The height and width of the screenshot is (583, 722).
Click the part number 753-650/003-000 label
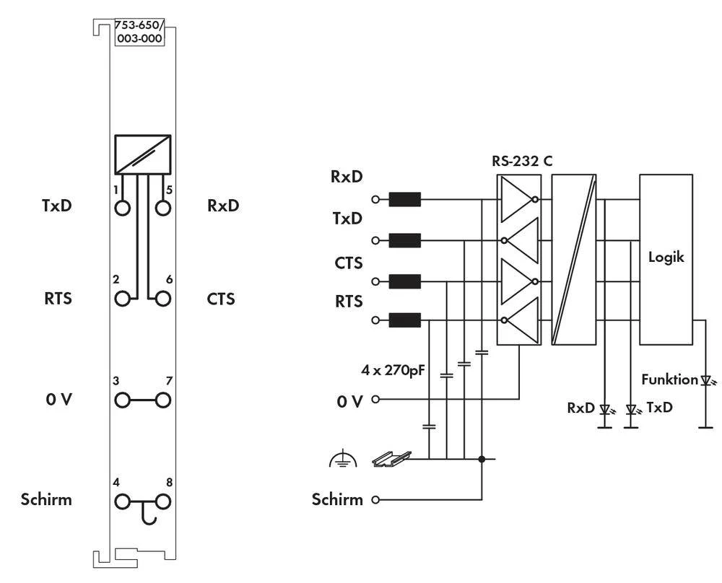tap(139, 32)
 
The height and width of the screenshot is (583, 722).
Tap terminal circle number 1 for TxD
tap(122, 208)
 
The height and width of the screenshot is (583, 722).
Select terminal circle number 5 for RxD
tap(164, 208)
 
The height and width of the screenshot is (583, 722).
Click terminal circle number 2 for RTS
tap(122, 297)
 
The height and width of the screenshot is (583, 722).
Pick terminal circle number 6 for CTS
tap(164, 297)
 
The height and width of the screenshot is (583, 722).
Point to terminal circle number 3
tap(122, 399)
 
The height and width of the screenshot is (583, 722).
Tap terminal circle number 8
tap(164, 499)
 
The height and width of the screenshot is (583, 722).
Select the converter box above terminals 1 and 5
tap(142, 153)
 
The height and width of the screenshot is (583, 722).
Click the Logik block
tap(666, 258)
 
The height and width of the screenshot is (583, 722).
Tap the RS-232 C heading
tap(522, 161)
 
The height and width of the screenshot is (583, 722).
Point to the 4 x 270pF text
tap(392, 372)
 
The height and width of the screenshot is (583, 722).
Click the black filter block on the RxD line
tap(404, 199)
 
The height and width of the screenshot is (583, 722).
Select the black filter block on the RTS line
tap(404, 320)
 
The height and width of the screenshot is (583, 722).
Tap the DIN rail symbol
tap(391, 457)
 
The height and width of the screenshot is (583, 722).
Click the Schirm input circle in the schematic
tap(375, 499)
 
